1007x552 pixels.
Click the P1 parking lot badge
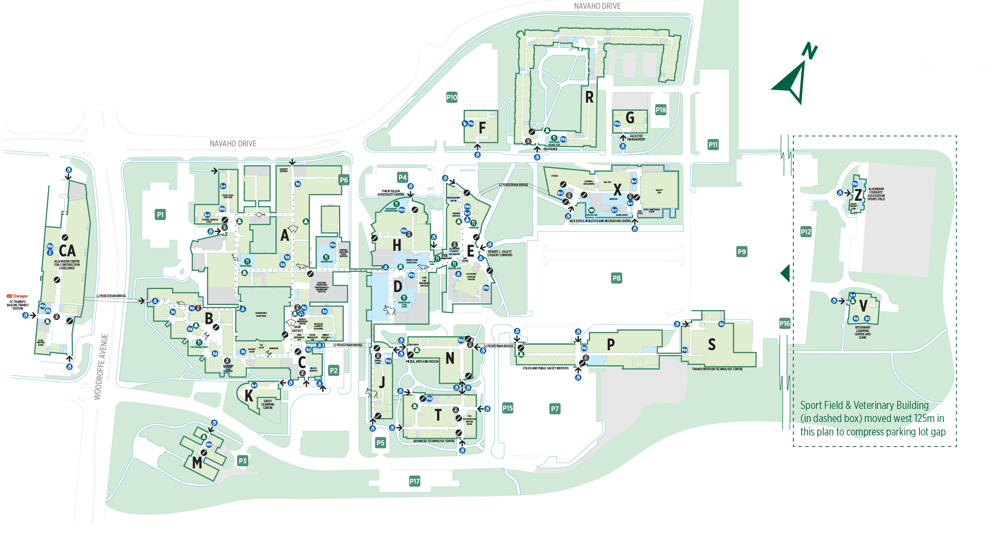pos(160,215)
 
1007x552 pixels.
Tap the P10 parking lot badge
pos(452,97)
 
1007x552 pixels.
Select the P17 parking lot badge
pos(415,481)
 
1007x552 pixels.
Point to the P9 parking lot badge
pos(742,252)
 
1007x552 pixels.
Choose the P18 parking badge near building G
pos(661,110)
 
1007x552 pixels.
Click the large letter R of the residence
pos(589,98)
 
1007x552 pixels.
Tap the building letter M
pos(197,463)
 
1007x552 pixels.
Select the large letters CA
pos(67,251)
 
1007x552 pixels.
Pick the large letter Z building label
pos(858,195)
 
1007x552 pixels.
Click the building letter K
pos(249,396)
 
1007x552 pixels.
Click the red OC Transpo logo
pos(17,296)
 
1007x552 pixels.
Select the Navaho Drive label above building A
pos(233,144)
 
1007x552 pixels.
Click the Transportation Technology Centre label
pos(717,369)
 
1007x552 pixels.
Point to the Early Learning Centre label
pos(268,404)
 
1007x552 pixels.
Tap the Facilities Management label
pos(636,138)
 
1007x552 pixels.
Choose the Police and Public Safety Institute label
pos(546,368)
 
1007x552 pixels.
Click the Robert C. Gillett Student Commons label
pos(500,253)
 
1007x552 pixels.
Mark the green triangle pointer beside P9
pos(785,273)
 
